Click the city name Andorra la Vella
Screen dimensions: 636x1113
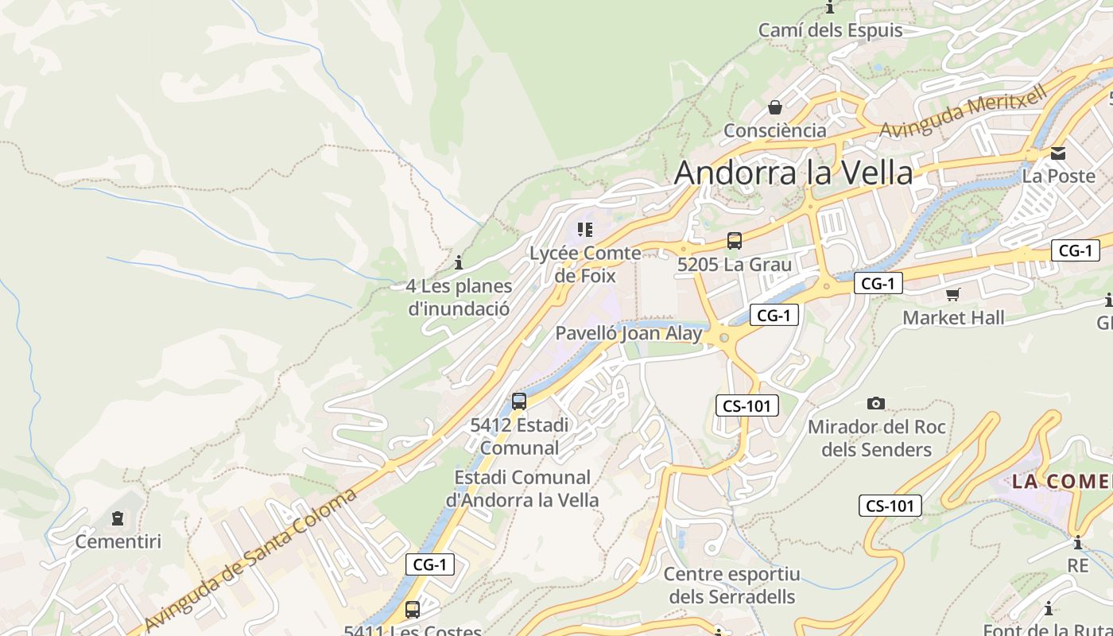pyautogui.click(x=793, y=173)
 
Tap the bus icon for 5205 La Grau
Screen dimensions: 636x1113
pyautogui.click(x=735, y=241)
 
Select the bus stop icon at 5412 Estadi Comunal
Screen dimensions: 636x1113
pyautogui.click(x=519, y=401)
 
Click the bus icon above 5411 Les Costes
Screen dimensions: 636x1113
pyautogui.click(x=413, y=610)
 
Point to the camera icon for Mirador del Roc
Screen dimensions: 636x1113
pyautogui.click(x=876, y=404)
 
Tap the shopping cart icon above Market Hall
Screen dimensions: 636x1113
pyautogui.click(x=952, y=295)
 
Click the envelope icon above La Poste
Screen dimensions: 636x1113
pyautogui.click(x=1058, y=153)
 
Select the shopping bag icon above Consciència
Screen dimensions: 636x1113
pyautogui.click(x=774, y=107)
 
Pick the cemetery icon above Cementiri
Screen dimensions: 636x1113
pyautogui.click(x=118, y=519)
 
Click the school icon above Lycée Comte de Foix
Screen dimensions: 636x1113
pyautogui.click(x=585, y=231)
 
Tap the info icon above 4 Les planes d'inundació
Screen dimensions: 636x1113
pyautogui.click(x=458, y=262)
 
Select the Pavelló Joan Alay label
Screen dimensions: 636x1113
pyautogui.click(x=628, y=333)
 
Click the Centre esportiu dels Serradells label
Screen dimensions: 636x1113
pyautogui.click(x=731, y=585)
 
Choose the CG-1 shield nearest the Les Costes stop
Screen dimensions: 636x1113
pyautogui.click(x=430, y=565)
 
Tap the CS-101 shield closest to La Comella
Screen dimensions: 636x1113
pyautogui.click(x=890, y=506)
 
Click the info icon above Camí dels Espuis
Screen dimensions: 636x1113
pyautogui.click(x=831, y=8)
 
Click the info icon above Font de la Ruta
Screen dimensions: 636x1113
pyautogui.click(x=1049, y=609)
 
